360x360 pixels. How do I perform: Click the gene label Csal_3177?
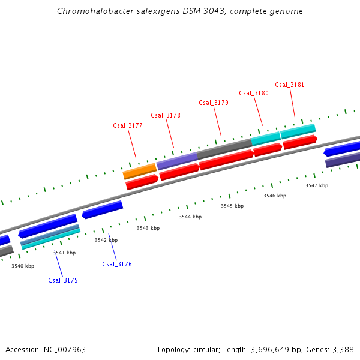click(x=128, y=125)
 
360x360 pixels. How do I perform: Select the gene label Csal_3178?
click(x=166, y=115)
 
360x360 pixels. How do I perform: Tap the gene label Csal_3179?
click(x=214, y=103)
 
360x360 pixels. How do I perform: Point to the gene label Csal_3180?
click(x=254, y=93)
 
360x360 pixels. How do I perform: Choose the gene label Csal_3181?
click(x=290, y=85)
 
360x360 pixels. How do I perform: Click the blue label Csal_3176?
click(x=117, y=264)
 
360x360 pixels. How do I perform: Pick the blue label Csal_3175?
click(x=63, y=280)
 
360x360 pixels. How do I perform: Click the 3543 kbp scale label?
click(x=148, y=228)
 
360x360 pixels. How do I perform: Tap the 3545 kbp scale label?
click(x=232, y=206)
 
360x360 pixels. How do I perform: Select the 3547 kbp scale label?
click(x=317, y=185)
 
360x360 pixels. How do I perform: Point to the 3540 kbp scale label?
click(x=23, y=265)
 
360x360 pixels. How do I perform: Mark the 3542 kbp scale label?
click(x=106, y=240)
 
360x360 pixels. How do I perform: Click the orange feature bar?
click(x=139, y=172)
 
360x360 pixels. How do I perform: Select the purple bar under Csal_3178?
click(x=177, y=160)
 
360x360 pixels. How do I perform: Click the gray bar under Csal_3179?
click(x=224, y=148)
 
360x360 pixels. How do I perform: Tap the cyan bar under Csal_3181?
click(x=298, y=130)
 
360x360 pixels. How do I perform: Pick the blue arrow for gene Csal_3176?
click(x=103, y=209)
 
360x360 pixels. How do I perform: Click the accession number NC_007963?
click(x=64, y=349)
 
